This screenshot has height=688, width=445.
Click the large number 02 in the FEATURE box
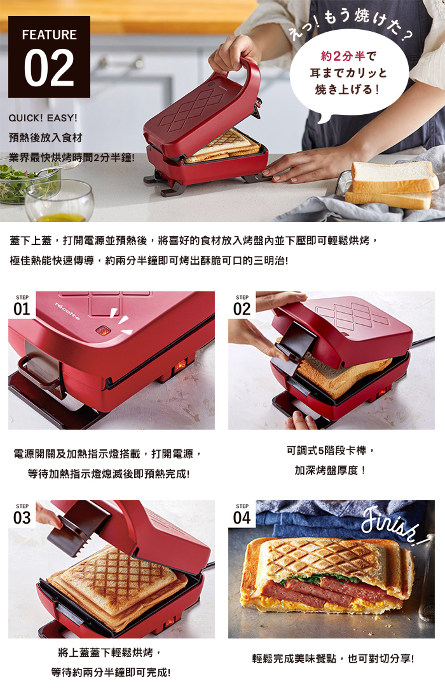pos(49,68)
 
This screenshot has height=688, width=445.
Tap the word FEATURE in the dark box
pos(49,35)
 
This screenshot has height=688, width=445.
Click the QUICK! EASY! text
pos(43,118)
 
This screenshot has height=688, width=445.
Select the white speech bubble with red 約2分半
pos(349,73)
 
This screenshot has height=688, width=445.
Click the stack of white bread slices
pos(392,185)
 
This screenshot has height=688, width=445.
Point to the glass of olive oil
pos(59,202)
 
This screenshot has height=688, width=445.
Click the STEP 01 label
pos(22,305)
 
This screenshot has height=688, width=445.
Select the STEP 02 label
pos(242,305)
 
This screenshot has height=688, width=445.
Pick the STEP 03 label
pos(22,514)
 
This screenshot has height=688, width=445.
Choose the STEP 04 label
pos(242,514)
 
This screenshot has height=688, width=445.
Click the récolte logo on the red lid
pos(67,310)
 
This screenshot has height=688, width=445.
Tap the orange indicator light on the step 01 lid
pos(103,330)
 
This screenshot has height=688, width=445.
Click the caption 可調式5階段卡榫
pos(331,451)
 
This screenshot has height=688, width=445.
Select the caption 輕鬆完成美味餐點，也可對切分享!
pos(333,659)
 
